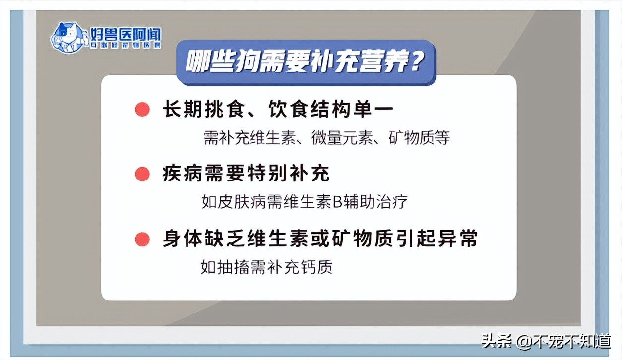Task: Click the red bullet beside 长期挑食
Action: [142, 110]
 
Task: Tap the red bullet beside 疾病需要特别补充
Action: [142, 174]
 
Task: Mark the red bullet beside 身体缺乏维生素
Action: [142, 239]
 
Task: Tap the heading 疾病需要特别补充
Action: [246, 174]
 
